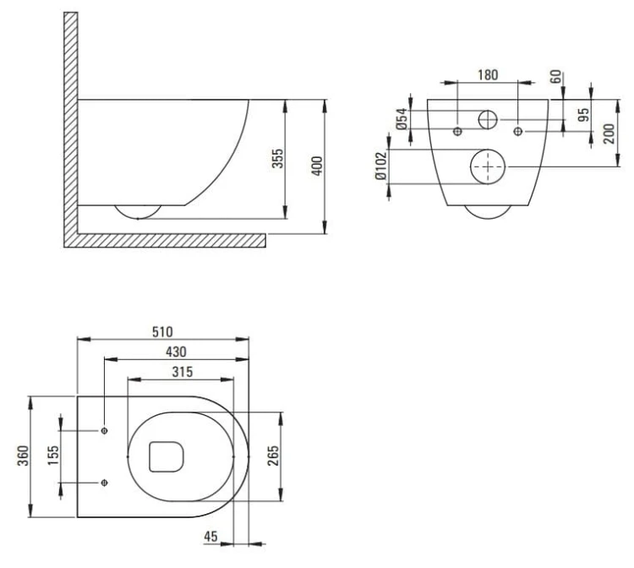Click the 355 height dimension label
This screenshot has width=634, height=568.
click(278, 158)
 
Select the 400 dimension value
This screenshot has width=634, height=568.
click(318, 166)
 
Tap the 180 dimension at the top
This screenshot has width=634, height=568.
click(488, 74)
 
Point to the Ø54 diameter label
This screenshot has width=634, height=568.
click(402, 119)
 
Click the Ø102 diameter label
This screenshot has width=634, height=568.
click(381, 166)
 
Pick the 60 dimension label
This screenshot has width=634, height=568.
click(557, 76)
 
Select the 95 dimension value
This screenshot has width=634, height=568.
click(583, 115)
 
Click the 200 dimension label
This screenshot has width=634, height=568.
click(609, 134)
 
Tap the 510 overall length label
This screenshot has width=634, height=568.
click(162, 331)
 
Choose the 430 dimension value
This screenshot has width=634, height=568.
click(177, 352)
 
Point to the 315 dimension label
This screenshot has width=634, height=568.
click(183, 372)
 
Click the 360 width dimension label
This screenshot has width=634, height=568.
click(24, 456)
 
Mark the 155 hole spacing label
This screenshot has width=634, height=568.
click(53, 456)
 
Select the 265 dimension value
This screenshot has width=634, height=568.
click(273, 456)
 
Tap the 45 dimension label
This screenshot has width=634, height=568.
click(210, 537)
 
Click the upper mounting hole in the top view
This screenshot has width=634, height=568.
click(104, 430)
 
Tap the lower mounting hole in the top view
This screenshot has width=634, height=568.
click(104, 483)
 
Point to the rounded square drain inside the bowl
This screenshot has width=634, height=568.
click(149, 456)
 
